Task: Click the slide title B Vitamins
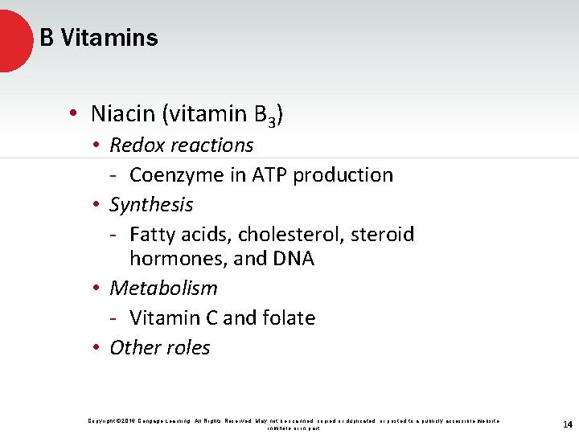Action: point(99,38)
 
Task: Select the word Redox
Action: point(134,145)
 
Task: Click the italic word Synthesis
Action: point(151,205)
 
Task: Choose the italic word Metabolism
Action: point(163,288)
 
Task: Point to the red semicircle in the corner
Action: point(12,39)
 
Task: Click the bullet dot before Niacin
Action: point(73,115)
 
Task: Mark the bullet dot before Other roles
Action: point(95,348)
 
